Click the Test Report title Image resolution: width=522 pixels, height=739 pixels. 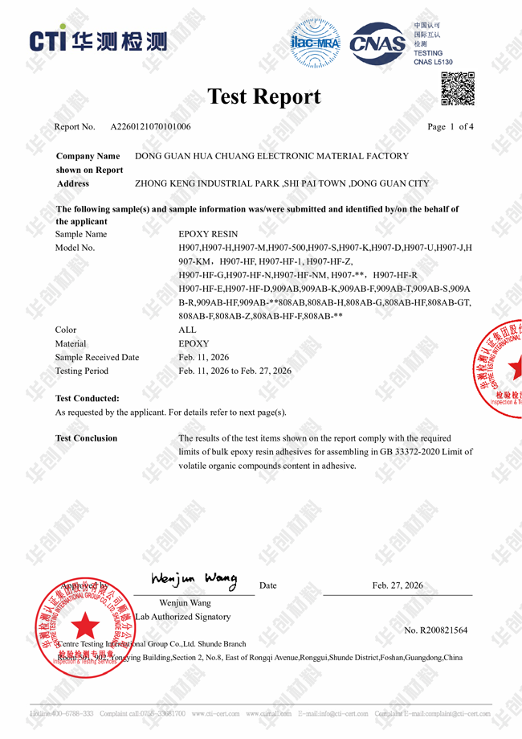click(263, 96)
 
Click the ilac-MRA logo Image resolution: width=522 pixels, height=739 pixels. click(315, 41)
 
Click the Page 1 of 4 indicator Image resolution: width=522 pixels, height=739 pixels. click(451, 127)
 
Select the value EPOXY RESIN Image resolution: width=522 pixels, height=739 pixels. click(208, 234)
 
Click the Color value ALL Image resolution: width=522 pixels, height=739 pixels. click(187, 330)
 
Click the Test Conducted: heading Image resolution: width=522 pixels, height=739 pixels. click(87, 398)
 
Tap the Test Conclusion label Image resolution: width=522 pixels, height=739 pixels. click(86, 438)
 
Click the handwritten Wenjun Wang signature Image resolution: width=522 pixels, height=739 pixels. click(194, 579)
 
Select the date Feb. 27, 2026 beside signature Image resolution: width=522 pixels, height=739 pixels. click(398, 585)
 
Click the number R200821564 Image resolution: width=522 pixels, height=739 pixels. click(436, 630)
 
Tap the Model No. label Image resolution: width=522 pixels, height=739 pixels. click(75, 248)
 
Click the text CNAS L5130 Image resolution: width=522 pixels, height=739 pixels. click(433, 62)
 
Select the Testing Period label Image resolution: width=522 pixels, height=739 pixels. click(81, 371)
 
